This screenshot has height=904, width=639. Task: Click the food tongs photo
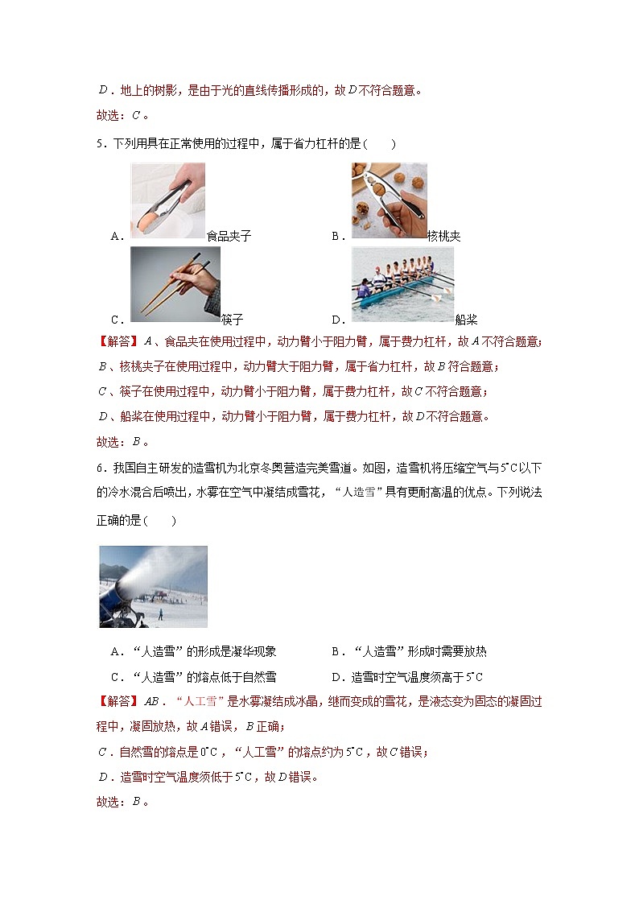point(167,200)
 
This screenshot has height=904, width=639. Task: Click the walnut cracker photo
point(389,200)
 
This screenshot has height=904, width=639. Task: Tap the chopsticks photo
point(175,283)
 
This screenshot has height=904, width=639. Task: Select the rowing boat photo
point(402,283)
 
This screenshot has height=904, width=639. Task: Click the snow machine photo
point(153,586)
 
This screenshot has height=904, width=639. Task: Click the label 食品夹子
point(229,236)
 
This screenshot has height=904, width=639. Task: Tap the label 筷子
point(232,320)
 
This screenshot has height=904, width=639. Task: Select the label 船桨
point(466,320)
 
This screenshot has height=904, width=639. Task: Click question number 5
point(100,144)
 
